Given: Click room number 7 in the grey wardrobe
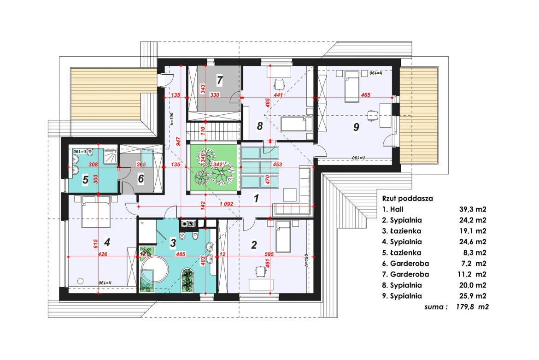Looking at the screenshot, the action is tap(220, 80).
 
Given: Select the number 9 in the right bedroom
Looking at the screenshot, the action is tap(356, 127).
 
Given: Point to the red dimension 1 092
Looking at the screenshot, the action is tap(226, 204).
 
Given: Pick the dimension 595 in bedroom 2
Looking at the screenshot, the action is tap(269, 254).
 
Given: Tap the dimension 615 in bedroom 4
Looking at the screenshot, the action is tap(96, 243).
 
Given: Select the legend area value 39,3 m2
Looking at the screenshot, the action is tap(473, 209).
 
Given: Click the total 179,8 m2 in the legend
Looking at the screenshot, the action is tap(472, 307).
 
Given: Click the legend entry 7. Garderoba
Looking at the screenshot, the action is tap(405, 274).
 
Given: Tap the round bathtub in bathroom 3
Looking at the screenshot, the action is tap(154, 269).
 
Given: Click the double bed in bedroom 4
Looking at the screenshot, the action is tap(96, 212).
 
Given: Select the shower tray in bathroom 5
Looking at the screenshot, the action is tap(109, 157).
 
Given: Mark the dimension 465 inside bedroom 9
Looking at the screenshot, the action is tap(365, 95).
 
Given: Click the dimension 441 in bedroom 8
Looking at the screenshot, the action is tap(278, 95).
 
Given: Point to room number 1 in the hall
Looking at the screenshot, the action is tap(256, 198).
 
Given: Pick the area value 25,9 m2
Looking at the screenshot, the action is tap(473, 296).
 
